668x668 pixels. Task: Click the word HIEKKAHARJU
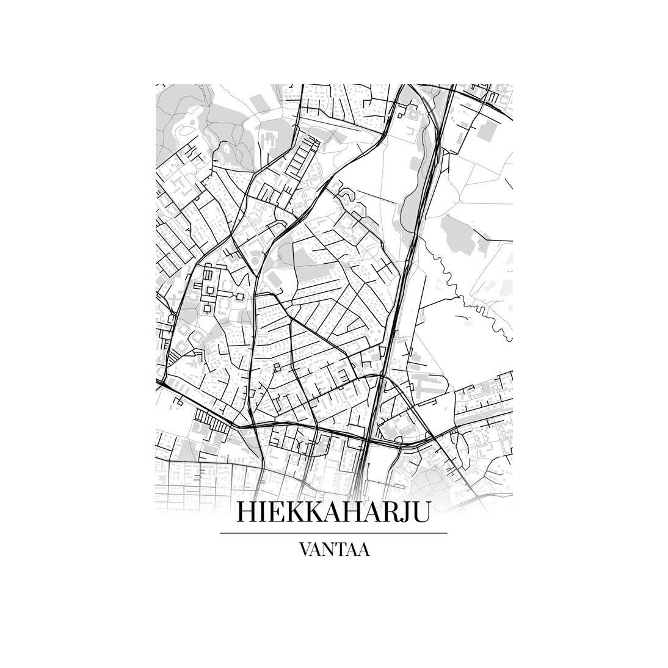pos(333,512)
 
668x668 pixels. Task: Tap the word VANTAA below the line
pos(333,549)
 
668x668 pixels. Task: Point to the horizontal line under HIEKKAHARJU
pos(333,533)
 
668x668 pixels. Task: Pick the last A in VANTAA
pos(364,549)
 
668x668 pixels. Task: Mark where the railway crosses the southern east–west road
pos(366,438)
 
